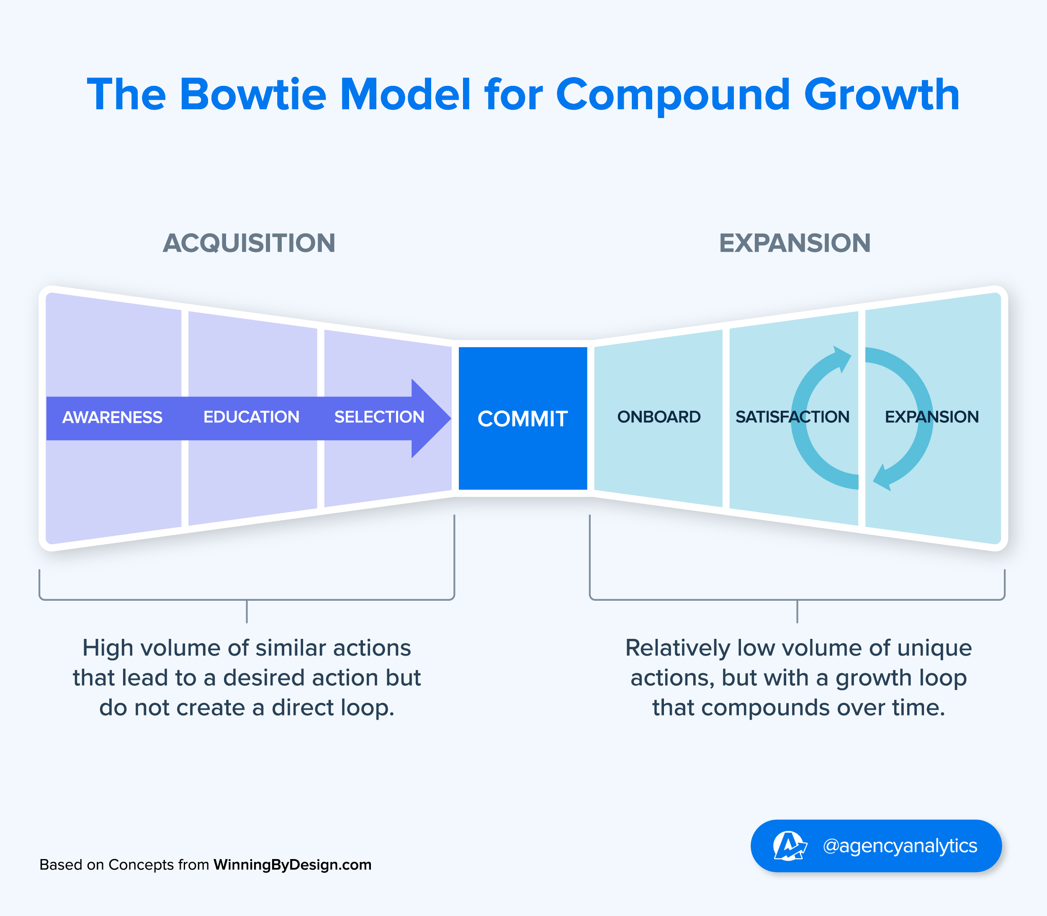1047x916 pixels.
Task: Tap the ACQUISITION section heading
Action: (x=249, y=243)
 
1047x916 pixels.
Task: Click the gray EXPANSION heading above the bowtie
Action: (x=795, y=243)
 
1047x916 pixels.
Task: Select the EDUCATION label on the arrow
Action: (x=251, y=417)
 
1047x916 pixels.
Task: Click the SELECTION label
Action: (x=379, y=417)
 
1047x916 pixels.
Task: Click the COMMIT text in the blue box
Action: (x=522, y=419)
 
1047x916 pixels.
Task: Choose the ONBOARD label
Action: (x=659, y=417)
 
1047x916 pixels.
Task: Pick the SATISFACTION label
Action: (x=792, y=417)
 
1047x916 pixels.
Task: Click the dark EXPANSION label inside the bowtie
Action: (x=931, y=417)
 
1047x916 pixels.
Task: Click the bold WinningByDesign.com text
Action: (x=293, y=865)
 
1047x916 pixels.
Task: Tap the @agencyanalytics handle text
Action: (x=900, y=846)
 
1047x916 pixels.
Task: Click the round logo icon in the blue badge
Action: (x=789, y=846)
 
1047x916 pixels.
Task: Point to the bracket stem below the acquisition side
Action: (x=247, y=611)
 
